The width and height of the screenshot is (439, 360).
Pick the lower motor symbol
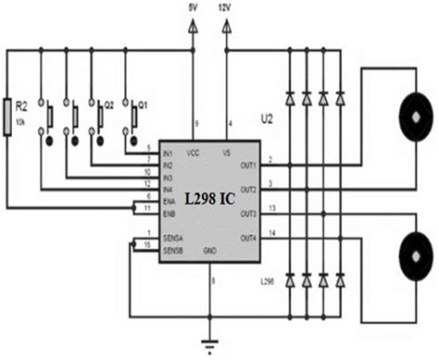pos(414,252)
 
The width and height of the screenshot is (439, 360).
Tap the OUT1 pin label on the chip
pos(246,167)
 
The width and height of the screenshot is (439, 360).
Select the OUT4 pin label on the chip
pos(246,239)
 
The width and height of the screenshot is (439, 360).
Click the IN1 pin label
pos(168,153)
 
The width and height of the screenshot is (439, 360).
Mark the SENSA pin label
pos(170,238)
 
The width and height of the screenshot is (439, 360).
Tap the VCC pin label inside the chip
pos(194,153)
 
